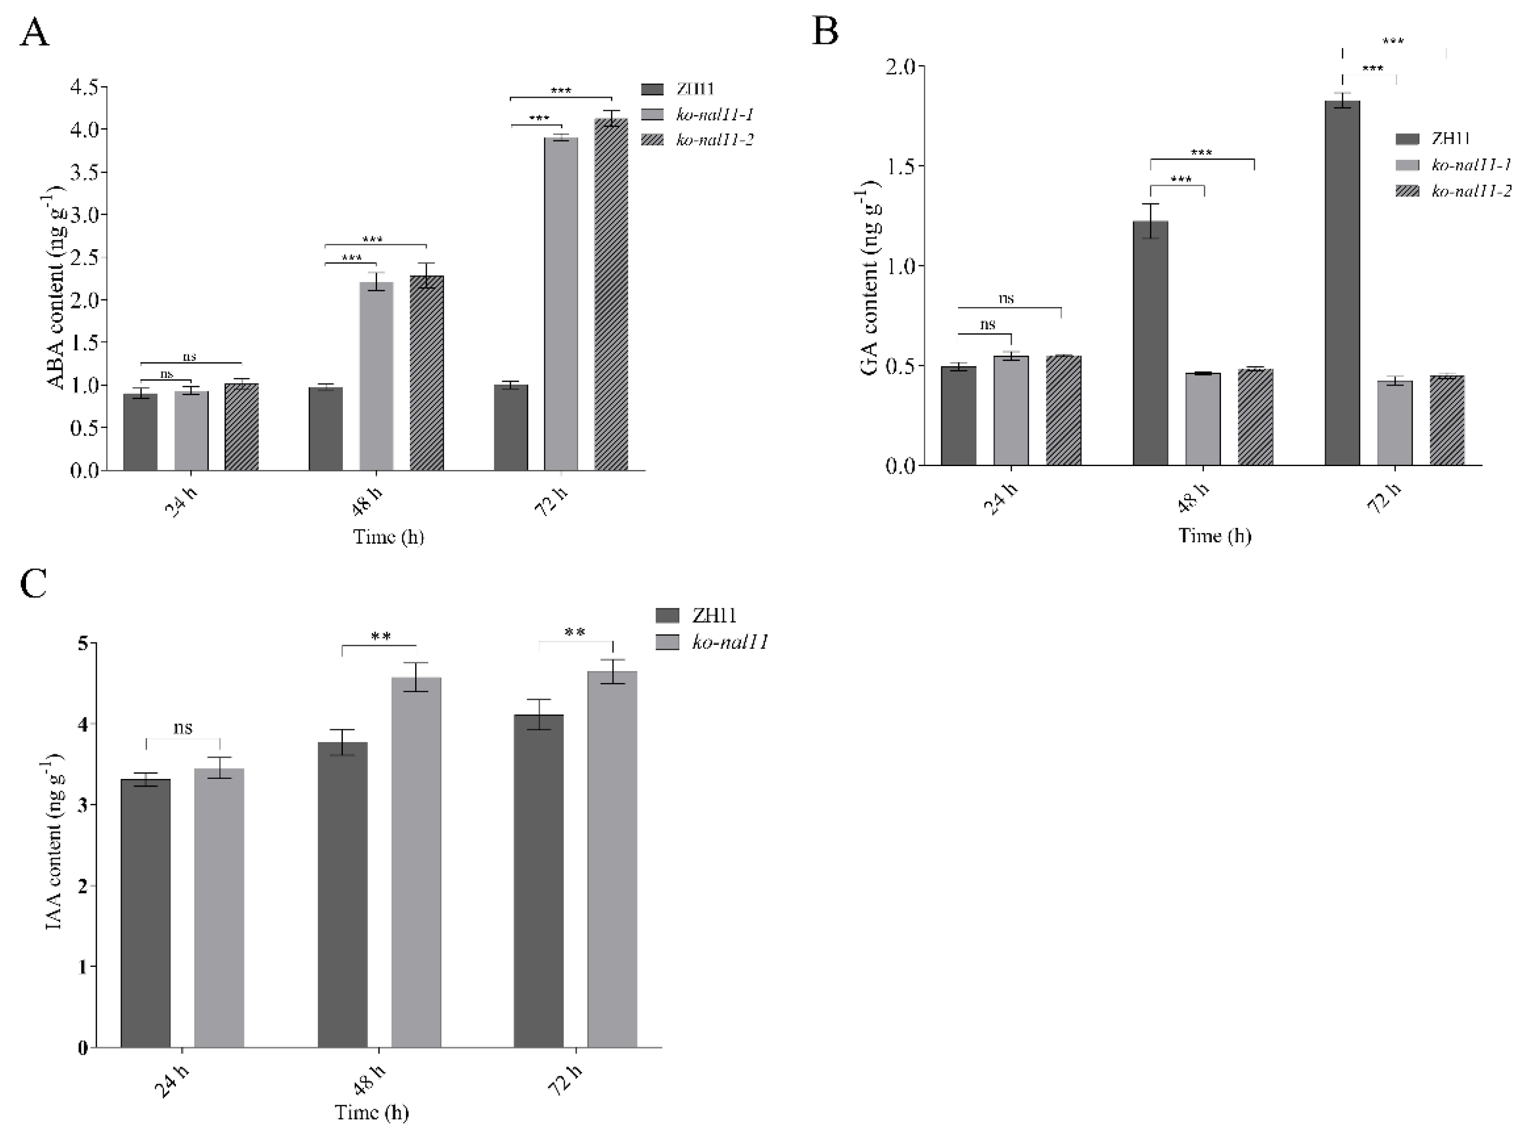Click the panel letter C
coord(34,584)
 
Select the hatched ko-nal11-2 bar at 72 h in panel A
coord(611,296)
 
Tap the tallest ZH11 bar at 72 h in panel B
coord(1342,282)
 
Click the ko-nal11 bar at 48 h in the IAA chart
coord(416,861)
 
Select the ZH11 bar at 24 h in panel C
coord(146,913)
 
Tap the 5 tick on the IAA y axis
coord(83,643)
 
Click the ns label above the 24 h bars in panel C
coord(183,727)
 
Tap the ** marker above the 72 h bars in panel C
coord(575,632)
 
